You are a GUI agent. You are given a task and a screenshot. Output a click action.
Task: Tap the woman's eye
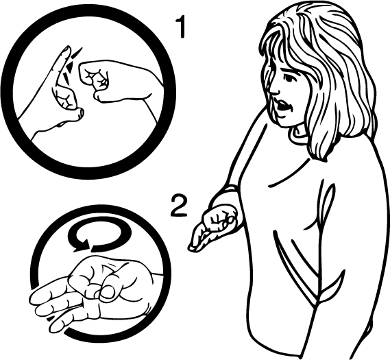[x=289, y=78]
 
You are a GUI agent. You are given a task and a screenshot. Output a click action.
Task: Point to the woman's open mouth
[x=282, y=106]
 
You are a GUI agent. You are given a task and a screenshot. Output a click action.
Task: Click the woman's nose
[x=274, y=89]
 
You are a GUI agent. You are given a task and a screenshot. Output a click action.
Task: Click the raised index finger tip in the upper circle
[x=66, y=50]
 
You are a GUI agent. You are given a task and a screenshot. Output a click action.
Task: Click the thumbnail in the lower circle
[x=108, y=291]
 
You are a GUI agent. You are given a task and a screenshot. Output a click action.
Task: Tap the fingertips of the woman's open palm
[x=193, y=248]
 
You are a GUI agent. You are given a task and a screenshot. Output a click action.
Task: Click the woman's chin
[x=286, y=123]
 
